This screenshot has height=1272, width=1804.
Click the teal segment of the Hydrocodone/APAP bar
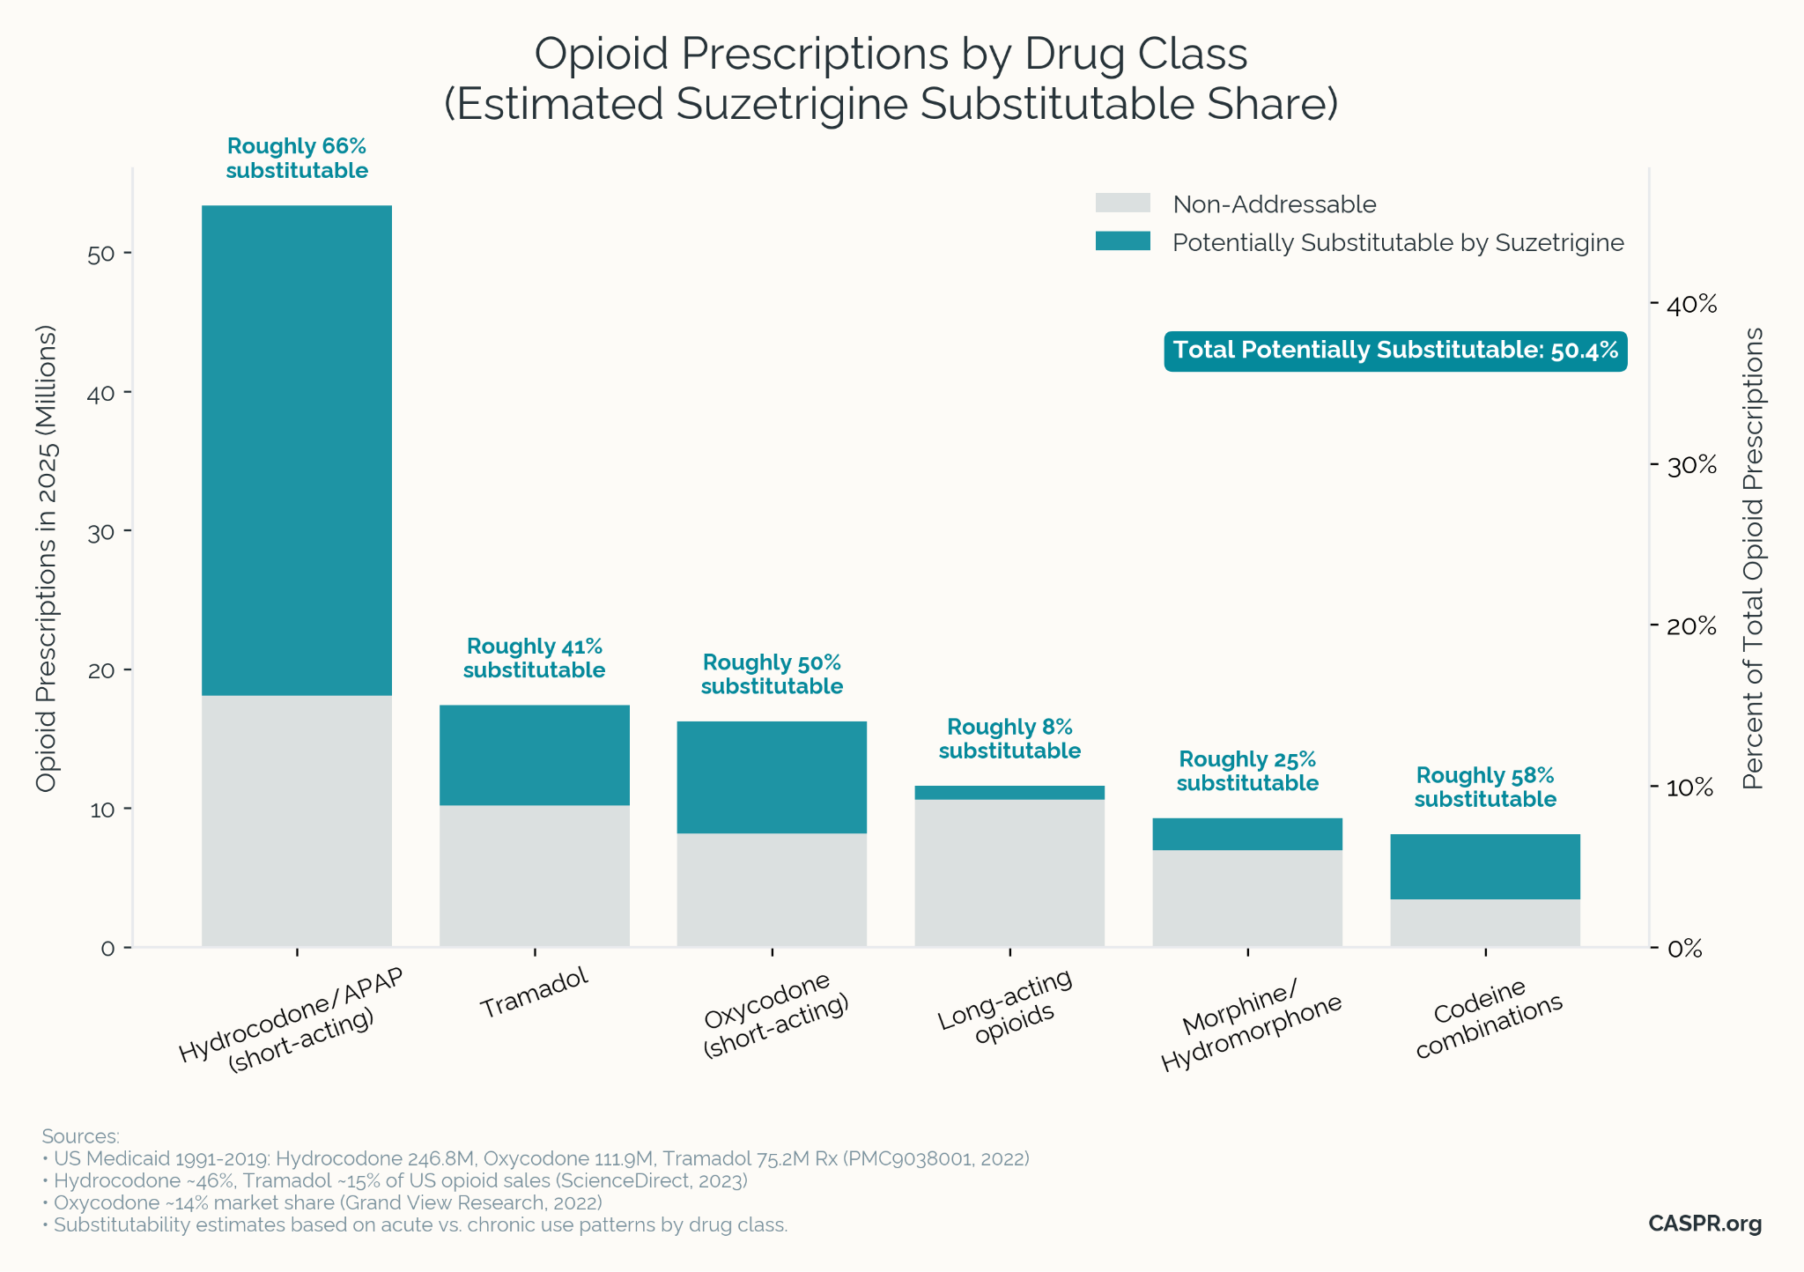297,449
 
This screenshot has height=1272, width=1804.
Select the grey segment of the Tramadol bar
534,876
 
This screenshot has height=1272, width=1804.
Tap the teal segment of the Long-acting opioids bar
1009,793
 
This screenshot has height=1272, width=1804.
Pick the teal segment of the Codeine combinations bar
1485,867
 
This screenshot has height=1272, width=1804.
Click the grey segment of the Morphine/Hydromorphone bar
1247,899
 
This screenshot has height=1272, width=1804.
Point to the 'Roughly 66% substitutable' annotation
297,159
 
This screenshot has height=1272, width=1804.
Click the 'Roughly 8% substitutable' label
1009,739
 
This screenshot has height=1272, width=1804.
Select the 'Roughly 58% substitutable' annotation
1485,788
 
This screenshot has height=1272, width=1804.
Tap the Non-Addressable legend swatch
1122,203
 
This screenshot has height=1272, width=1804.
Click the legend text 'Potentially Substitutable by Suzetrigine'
1398,243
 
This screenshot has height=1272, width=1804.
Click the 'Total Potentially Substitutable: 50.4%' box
1395,351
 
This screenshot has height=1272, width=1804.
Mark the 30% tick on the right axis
1692,466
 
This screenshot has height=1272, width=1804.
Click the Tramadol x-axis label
535,993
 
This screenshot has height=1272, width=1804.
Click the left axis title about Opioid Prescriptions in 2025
47,559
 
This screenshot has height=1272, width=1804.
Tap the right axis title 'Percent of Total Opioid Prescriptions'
1754,559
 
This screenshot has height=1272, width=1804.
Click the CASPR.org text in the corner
1704,1224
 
